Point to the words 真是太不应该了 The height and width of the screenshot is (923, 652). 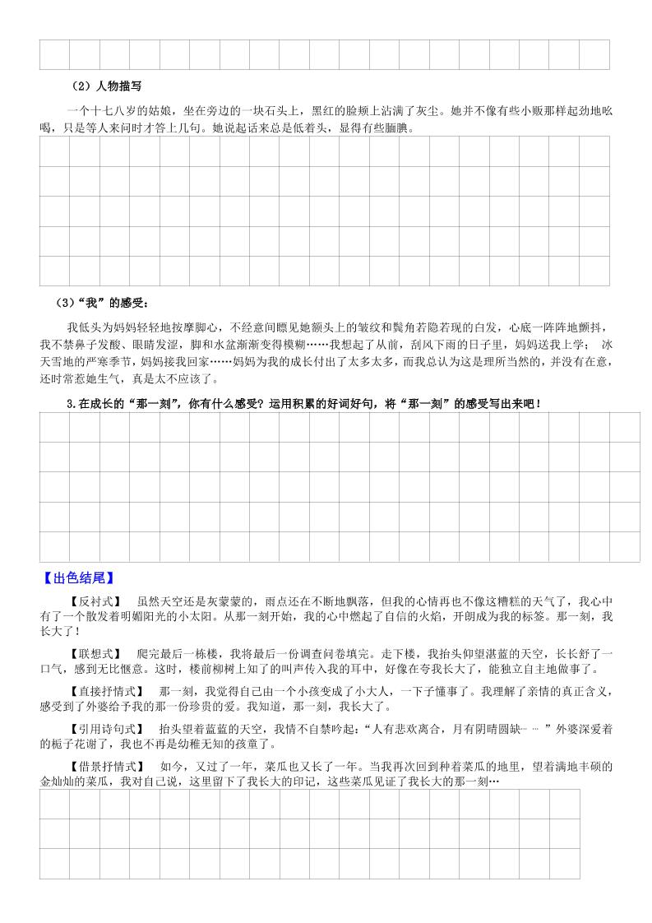175,378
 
